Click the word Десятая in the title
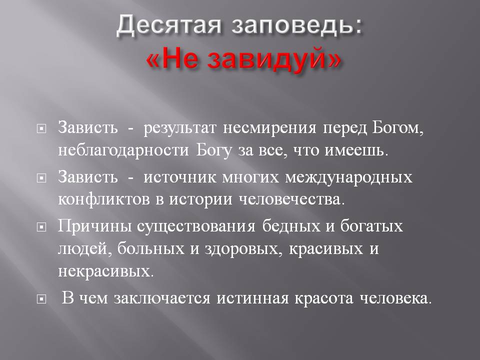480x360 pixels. coord(168,24)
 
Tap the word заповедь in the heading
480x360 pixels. coord(293,24)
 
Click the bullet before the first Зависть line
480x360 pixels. coord(41,129)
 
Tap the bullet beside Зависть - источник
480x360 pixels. coord(41,178)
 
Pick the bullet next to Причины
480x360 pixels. coord(41,227)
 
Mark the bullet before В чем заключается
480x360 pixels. coord(41,299)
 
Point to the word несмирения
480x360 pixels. coord(269,128)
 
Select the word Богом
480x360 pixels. coord(398,127)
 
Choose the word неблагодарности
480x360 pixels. coord(123,150)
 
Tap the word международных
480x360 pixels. coord(349,178)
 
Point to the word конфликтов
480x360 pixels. coord(104,199)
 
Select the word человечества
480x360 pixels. coord(291,200)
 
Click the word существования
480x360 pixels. coord(196,227)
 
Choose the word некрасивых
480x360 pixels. coord(106,271)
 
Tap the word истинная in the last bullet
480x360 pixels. coord(253,299)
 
